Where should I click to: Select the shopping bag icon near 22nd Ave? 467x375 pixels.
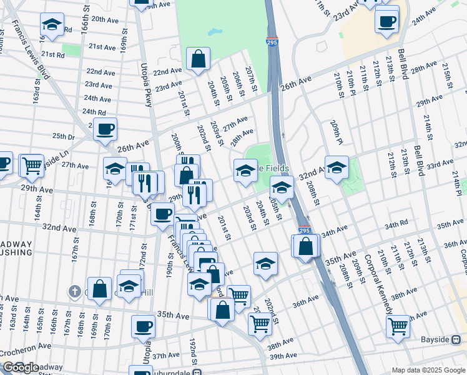pyautogui.click(x=198, y=60)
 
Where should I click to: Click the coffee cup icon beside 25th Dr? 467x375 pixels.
pyautogui.click(x=106, y=129)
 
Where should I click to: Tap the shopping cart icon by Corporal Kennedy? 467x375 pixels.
pyautogui.click(x=398, y=326)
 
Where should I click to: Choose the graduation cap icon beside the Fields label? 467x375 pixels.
pyautogui.click(x=245, y=170)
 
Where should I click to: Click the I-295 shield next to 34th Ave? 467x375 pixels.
pyautogui.click(x=304, y=231)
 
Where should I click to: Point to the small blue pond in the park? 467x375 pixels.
pyautogui.click(x=215, y=31)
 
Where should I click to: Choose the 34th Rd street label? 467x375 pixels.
pyautogui.click(x=396, y=224)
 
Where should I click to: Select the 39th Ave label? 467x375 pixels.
pyautogui.click(x=283, y=356)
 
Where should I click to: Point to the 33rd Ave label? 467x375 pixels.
pyautogui.click(x=440, y=164)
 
